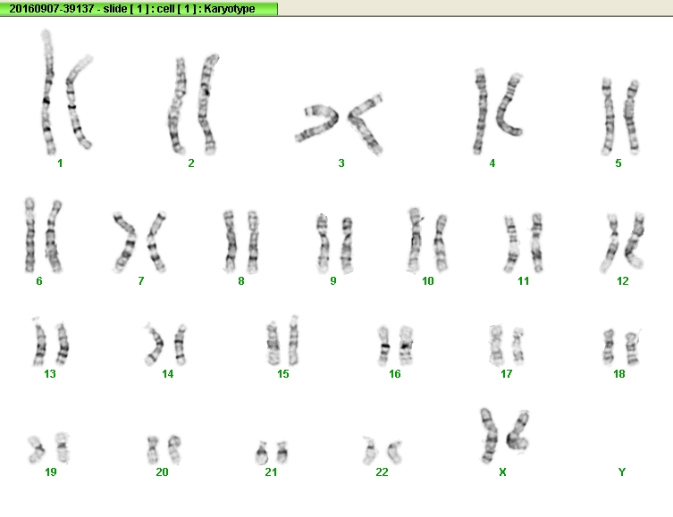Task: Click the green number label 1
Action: (x=60, y=163)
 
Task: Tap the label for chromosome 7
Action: (x=141, y=280)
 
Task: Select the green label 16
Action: (x=394, y=374)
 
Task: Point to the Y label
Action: (x=621, y=472)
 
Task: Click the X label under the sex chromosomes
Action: (x=502, y=472)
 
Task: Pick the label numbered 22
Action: (x=382, y=472)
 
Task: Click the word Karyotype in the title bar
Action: (x=229, y=9)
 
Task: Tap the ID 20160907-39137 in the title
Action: (x=52, y=9)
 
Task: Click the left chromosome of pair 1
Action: (x=47, y=92)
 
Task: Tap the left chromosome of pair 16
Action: (x=384, y=346)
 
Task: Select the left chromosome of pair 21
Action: (x=261, y=453)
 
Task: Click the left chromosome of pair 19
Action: (x=36, y=449)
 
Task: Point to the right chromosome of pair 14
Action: (x=181, y=345)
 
